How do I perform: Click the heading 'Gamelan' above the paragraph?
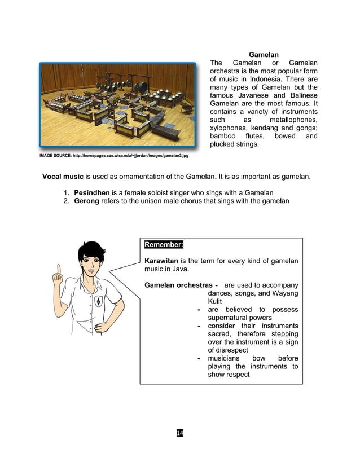264,55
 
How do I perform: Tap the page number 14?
179,433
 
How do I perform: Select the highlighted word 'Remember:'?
164,245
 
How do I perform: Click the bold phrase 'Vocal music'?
63,177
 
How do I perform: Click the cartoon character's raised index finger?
56,271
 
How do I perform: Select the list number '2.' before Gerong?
67,201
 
